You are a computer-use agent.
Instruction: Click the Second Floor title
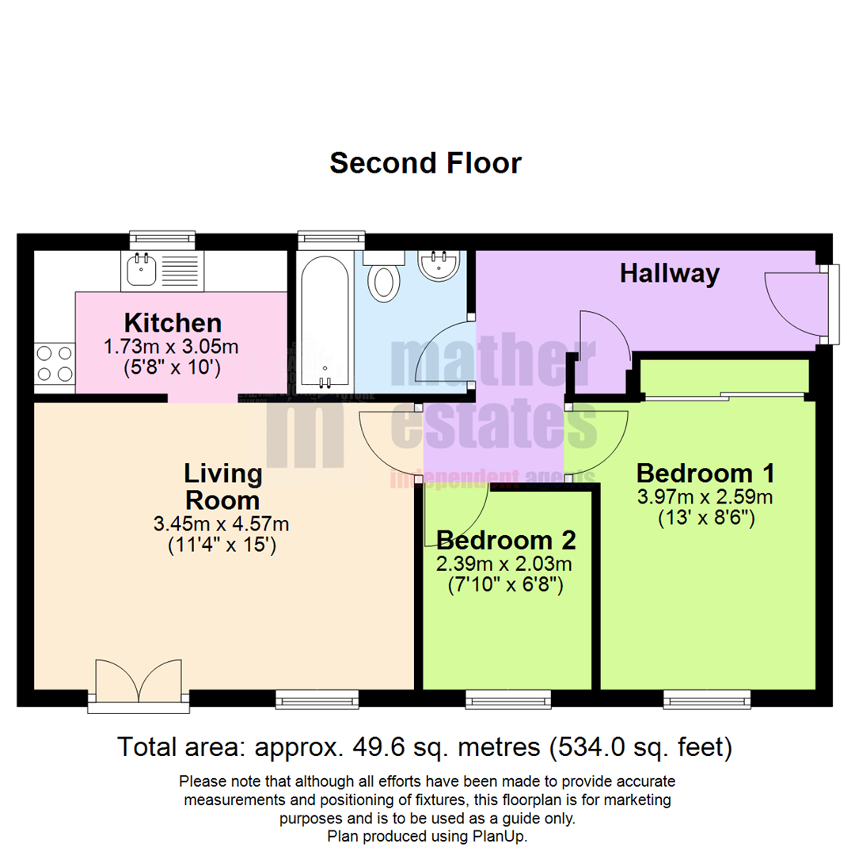(x=425, y=163)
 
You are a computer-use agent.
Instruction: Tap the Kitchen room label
(x=173, y=323)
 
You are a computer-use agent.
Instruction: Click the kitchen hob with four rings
(x=54, y=363)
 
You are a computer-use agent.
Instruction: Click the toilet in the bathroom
(x=385, y=278)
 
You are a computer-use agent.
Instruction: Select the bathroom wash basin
(x=438, y=266)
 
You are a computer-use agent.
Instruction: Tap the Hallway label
(x=669, y=274)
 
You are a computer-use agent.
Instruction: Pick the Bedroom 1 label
(x=705, y=473)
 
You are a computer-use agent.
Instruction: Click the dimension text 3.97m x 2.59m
(x=705, y=497)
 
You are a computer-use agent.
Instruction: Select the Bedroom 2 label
(x=506, y=541)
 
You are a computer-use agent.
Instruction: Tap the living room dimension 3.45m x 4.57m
(x=222, y=523)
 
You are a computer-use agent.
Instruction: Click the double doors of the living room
(x=138, y=682)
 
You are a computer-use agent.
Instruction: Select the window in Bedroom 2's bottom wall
(x=507, y=698)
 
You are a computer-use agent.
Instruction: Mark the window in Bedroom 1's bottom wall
(x=706, y=698)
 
